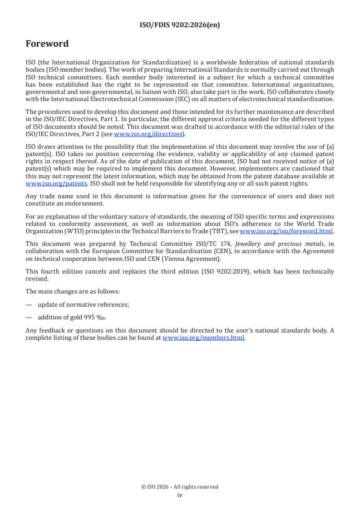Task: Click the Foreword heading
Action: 47,44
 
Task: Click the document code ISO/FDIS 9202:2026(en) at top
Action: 180,25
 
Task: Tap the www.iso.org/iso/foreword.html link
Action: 286,231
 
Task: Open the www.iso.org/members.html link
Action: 203,338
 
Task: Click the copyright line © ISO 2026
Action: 180,487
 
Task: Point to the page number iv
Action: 180,495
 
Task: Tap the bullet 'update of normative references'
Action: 84,305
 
